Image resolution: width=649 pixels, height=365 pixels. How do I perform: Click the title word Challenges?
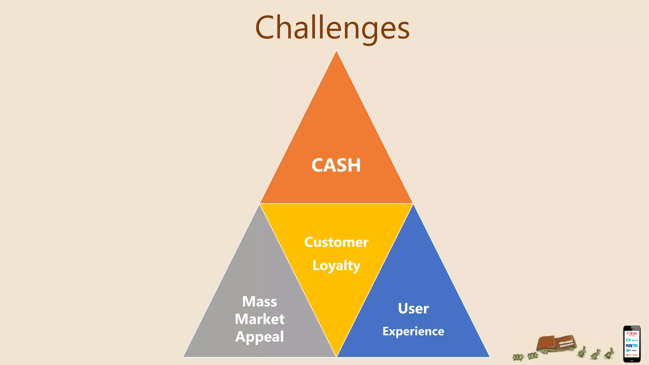tap(332, 28)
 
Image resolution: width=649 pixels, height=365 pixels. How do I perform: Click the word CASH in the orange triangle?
tap(336, 165)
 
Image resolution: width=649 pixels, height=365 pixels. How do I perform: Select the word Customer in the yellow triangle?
tap(336, 242)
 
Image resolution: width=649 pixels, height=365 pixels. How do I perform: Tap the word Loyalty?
tap(336, 266)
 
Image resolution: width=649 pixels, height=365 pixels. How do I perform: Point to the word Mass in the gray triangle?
tap(260, 301)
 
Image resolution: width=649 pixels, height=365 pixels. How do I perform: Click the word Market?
tap(260, 319)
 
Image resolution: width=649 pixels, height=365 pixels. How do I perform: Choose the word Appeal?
tap(260, 336)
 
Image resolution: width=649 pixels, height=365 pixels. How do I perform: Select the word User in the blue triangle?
tap(413, 308)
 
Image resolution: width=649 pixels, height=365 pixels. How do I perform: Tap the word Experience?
tap(413, 331)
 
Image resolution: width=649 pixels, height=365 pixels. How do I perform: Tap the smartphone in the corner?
tap(632, 344)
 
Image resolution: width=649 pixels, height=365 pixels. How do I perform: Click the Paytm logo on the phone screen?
tap(632, 345)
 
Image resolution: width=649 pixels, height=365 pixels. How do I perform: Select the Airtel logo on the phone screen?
tap(632, 334)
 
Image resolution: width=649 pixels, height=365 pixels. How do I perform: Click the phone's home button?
tap(632, 360)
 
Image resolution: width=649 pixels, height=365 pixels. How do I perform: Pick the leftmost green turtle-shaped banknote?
tap(518, 357)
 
